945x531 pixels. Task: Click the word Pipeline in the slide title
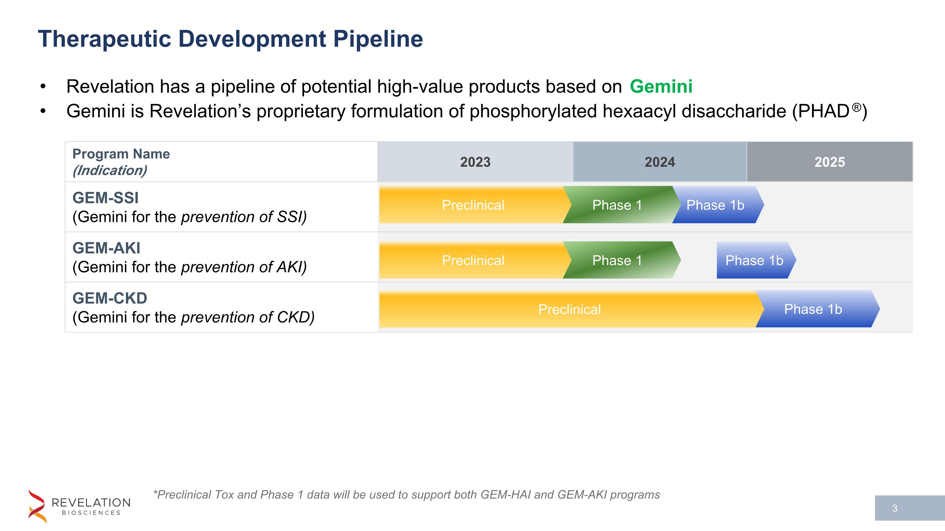(378, 39)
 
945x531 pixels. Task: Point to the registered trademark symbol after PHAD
(856, 107)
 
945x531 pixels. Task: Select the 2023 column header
(475, 162)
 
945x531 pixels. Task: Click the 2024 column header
(660, 162)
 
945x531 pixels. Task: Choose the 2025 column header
(829, 162)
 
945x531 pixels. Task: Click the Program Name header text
(121, 154)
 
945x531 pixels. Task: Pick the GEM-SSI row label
(106, 198)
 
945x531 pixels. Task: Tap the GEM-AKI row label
(106, 248)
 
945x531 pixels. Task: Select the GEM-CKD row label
(110, 298)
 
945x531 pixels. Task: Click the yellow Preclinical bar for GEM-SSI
(473, 205)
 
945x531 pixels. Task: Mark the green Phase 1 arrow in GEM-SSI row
(617, 205)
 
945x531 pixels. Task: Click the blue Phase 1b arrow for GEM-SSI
(715, 205)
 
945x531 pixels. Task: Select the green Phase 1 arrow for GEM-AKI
(617, 260)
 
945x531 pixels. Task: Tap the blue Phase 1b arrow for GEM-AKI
(754, 260)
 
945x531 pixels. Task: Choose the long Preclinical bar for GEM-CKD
(569, 309)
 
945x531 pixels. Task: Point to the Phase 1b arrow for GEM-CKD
(813, 309)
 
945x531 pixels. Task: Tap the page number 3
(895, 508)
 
